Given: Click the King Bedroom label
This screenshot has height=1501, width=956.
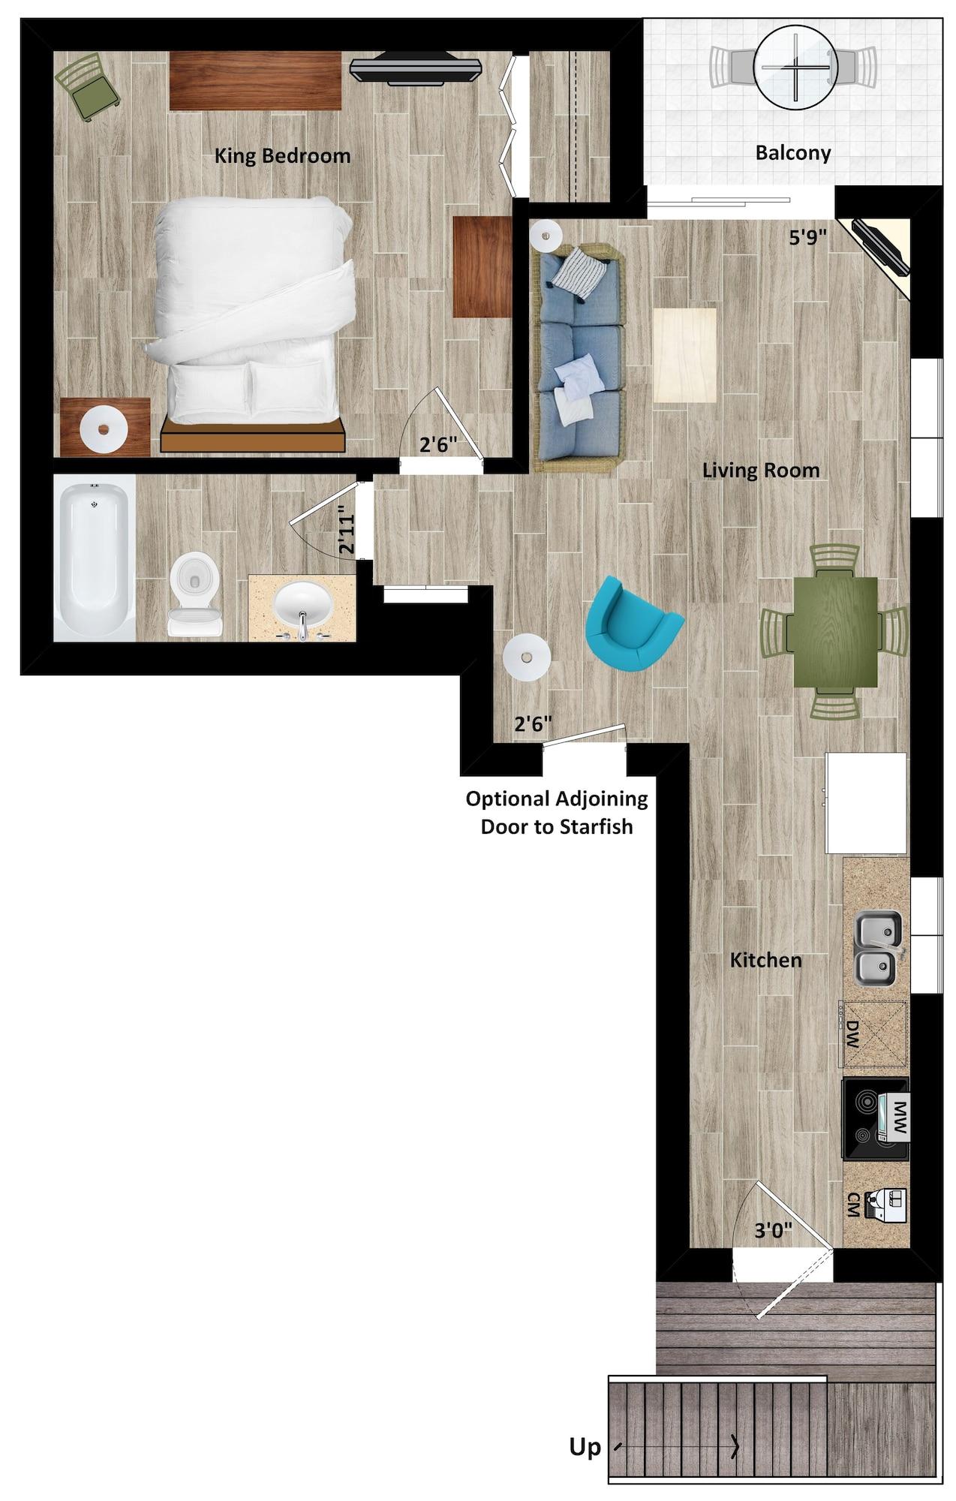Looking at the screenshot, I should click(x=282, y=156).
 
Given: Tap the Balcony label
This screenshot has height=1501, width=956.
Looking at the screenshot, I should click(x=792, y=153).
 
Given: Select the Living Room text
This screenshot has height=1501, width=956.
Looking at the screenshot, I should click(x=760, y=471).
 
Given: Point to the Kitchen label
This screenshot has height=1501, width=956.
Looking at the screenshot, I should click(x=765, y=960).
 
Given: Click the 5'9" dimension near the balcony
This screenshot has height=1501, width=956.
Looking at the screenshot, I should click(x=807, y=238).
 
